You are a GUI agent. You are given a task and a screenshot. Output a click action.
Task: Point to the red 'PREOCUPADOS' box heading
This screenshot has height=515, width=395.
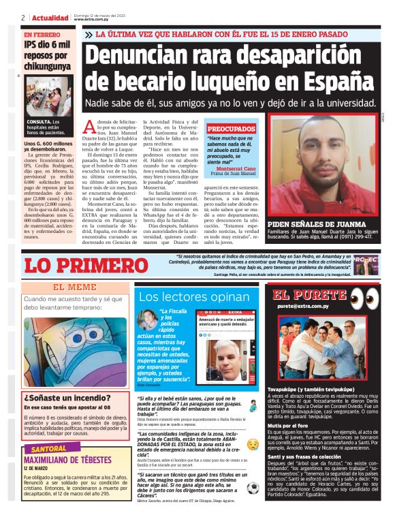(231, 128)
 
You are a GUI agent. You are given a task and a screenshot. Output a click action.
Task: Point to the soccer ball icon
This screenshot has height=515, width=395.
(253, 488)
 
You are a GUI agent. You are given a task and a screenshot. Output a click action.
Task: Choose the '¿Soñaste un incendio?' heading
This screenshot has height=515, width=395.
(62, 398)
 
